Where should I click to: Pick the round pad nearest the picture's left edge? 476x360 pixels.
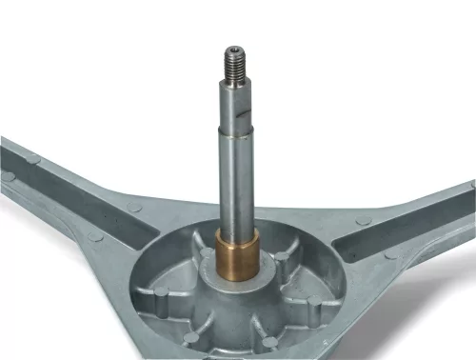pyautogui.click(x=7, y=177)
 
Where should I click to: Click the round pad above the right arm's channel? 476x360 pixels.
pyautogui.click(x=364, y=221)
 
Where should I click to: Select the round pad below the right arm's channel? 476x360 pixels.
pyautogui.click(x=389, y=255)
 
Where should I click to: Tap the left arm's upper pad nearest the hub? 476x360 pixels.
pyautogui.click(x=134, y=209)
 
